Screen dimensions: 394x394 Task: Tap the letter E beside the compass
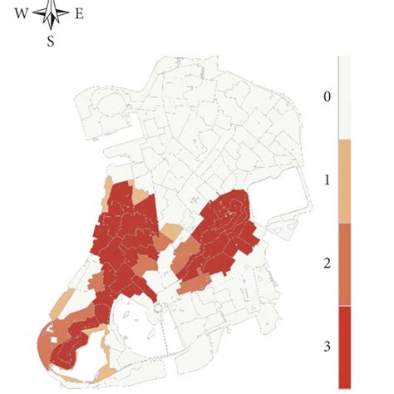coord(78,13)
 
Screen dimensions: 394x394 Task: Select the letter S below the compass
coord(51,40)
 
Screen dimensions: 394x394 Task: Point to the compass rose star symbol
coord(51,12)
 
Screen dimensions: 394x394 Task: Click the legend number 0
coord(327,97)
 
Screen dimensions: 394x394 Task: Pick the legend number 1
coord(327,178)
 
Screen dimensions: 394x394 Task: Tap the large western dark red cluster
coord(125,241)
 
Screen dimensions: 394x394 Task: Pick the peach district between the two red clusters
coord(172,230)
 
